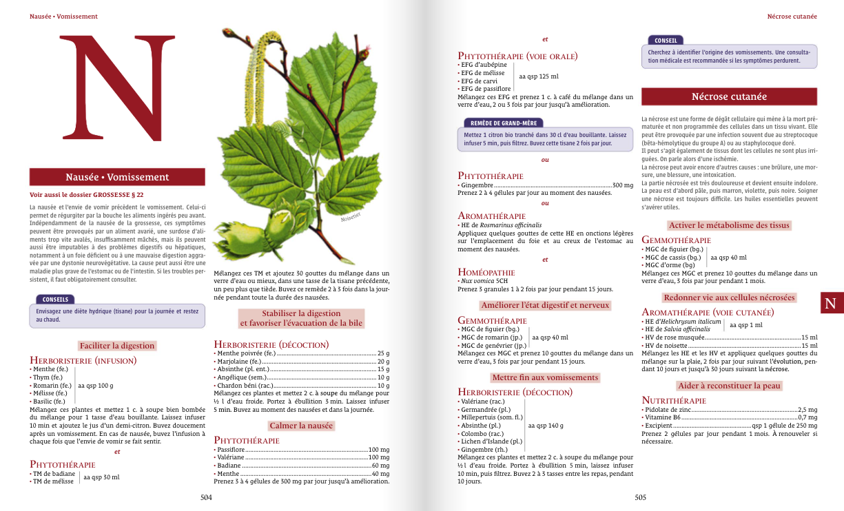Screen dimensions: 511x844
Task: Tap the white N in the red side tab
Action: (x=830, y=303)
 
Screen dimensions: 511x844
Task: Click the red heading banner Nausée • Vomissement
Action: (x=117, y=177)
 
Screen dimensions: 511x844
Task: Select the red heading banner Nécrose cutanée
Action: (x=729, y=96)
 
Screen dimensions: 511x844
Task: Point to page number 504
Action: (x=206, y=497)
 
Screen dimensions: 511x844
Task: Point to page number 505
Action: (x=640, y=497)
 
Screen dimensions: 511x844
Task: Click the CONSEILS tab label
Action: (x=55, y=300)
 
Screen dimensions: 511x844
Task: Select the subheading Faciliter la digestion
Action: (x=117, y=346)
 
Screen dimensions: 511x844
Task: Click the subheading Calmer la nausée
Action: (x=301, y=426)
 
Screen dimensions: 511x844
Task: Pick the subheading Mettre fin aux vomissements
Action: (x=545, y=377)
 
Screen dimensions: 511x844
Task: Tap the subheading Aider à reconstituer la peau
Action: (x=729, y=386)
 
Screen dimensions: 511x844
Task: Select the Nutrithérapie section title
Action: (x=674, y=400)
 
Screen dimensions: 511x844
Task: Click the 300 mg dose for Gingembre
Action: (x=622, y=185)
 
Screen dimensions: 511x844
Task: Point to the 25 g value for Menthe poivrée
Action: (x=383, y=353)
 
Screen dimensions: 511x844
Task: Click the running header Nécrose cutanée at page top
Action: (x=792, y=16)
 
